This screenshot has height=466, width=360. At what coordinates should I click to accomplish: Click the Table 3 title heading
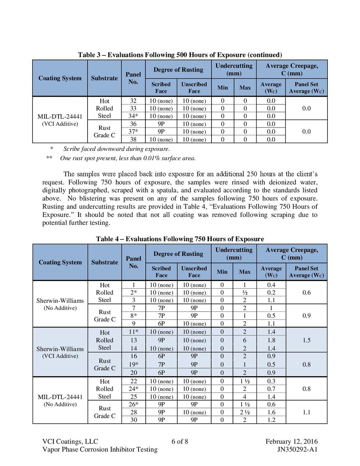(180, 55)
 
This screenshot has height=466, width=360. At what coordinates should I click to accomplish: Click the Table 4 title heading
(180, 239)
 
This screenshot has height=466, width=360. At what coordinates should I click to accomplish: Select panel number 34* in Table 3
(133, 116)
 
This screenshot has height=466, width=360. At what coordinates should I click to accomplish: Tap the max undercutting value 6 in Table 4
(245, 340)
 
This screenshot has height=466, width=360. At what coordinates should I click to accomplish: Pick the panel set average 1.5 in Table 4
(306, 340)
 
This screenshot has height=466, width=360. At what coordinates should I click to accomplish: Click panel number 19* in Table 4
(134, 364)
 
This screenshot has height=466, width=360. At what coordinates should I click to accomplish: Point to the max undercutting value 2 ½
(245, 412)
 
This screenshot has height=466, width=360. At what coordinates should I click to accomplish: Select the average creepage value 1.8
(271, 340)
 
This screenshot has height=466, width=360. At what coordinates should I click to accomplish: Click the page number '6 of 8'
(180, 441)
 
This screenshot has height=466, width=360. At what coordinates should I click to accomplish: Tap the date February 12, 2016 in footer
(291, 441)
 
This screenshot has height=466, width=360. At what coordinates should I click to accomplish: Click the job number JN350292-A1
(297, 449)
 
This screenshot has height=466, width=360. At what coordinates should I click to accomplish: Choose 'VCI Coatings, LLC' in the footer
(70, 441)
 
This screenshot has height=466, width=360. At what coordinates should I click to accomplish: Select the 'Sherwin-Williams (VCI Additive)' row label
(60, 352)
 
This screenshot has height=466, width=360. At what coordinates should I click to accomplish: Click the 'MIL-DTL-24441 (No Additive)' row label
(60, 400)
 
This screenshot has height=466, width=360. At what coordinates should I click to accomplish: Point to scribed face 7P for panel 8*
(161, 316)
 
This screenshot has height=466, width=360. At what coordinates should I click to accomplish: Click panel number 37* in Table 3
(133, 132)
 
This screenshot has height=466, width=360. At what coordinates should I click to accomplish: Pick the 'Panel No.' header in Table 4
(134, 262)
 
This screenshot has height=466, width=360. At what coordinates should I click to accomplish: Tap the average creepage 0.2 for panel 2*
(271, 292)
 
